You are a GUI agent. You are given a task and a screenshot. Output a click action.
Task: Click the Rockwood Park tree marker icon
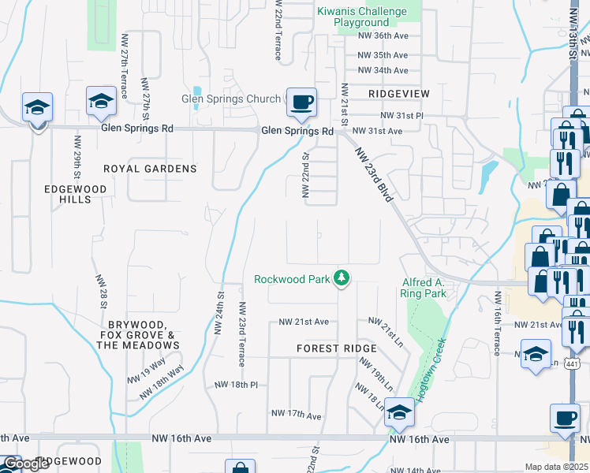pos(342,277)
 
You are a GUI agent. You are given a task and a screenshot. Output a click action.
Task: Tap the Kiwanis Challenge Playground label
pos(361,17)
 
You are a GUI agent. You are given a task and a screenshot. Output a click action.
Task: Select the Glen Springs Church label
pos(231,99)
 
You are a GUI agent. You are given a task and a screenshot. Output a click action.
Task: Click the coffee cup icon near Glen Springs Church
pos(301,102)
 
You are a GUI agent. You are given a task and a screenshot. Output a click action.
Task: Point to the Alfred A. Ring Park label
pos(424,288)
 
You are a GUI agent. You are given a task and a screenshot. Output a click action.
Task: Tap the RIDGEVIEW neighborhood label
pos(398,93)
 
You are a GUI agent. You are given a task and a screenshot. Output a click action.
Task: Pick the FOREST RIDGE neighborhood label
pos(337,348)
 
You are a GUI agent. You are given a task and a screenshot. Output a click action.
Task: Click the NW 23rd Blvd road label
pos(373,175)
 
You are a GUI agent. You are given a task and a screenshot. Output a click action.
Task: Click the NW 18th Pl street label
pos(237,385)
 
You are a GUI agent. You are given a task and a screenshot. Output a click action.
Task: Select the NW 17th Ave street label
pos(296,414)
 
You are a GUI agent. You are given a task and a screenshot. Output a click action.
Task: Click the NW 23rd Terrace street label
pos(242,334)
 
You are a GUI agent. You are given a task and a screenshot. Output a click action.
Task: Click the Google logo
pos(26,464)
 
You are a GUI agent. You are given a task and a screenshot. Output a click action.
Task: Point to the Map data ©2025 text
pos(556,467)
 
